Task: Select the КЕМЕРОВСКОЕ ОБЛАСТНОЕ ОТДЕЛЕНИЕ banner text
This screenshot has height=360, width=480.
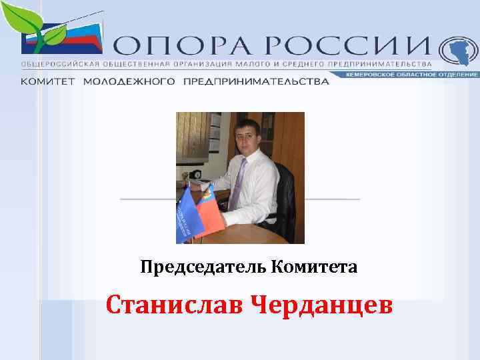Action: point(412,74)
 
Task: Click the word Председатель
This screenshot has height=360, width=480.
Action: point(203,267)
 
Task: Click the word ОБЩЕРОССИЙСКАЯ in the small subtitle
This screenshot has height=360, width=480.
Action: point(53,63)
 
